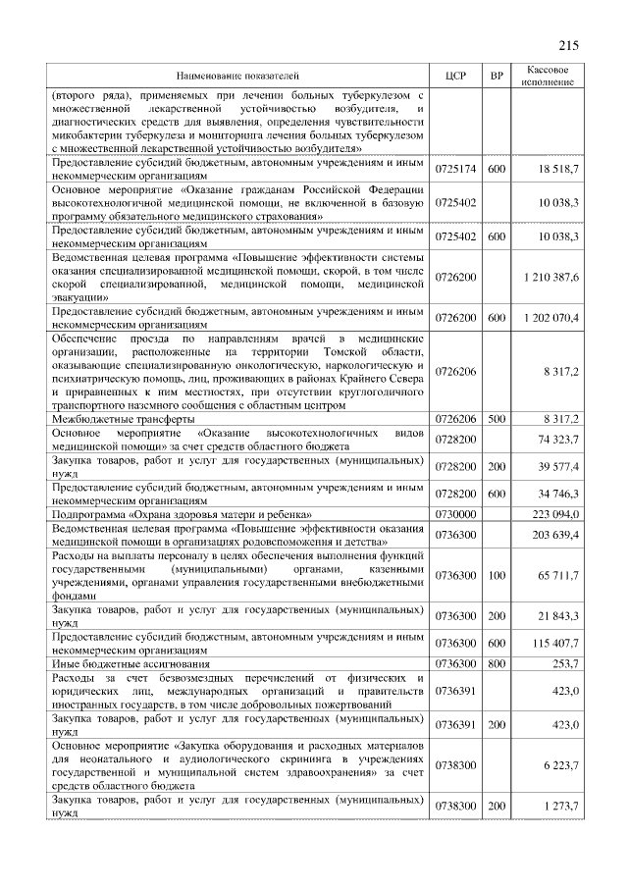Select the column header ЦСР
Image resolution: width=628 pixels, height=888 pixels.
pyautogui.click(x=453, y=76)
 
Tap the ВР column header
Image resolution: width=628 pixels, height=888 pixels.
pyautogui.click(x=497, y=76)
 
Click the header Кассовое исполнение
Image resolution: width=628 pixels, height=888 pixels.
pyautogui.click(x=548, y=76)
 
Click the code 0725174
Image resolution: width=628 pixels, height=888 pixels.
pyautogui.click(x=454, y=170)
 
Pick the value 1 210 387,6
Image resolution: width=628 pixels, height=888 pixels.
pyautogui.click(x=549, y=278)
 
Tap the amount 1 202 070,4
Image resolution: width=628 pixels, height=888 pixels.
pyautogui.click(x=549, y=318)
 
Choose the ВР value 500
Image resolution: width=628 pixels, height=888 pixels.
pyautogui.click(x=497, y=419)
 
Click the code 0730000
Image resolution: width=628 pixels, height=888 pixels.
pyautogui.click(x=454, y=513)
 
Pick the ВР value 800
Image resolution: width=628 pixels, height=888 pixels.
pyautogui.click(x=497, y=663)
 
